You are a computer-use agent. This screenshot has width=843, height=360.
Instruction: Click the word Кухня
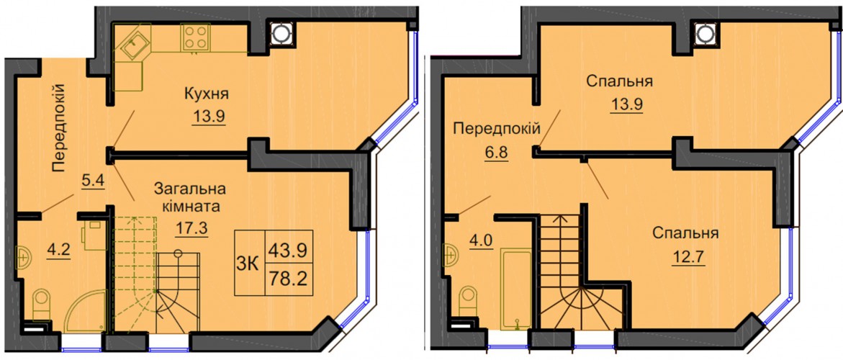[207, 94]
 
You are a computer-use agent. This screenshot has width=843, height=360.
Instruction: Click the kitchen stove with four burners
[195, 37]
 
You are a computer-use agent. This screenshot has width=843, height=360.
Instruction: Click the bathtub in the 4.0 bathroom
[515, 288]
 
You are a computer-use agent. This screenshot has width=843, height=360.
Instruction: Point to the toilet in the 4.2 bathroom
[42, 304]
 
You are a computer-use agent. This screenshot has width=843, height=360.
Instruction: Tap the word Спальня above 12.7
[686, 234]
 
